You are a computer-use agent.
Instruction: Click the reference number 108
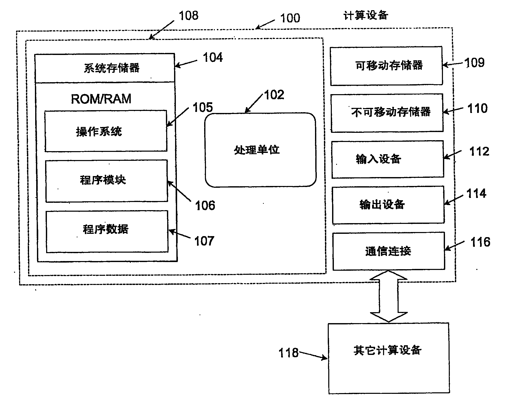click(x=189, y=16)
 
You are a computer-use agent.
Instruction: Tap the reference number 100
click(x=290, y=18)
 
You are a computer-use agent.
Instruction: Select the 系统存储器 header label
click(x=112, y=68)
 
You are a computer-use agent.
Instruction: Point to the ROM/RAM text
click(x=101, y=99)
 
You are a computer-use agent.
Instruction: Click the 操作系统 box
click(x=106, y=131)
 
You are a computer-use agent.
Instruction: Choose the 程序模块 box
click(x=107, y=181)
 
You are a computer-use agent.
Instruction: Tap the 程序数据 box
click(x=107, y=231)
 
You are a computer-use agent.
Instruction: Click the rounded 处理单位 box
click(x=260, y=150)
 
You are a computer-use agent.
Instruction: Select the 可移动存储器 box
click(x=386, y=66)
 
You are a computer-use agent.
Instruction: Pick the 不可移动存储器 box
click(x=387, y=113)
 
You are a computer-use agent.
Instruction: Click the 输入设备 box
click(x=387, y=159)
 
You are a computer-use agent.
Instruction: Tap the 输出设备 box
click(x=388, y=205)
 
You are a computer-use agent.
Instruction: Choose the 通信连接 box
click(x=389, y=251)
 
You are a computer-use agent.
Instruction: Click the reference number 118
click(x=289, y=353)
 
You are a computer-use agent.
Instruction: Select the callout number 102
click(x=274, y=95)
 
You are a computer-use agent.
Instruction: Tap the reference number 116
click(x=480, y=242)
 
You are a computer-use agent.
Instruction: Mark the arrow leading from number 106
click(x=179, y=191)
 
